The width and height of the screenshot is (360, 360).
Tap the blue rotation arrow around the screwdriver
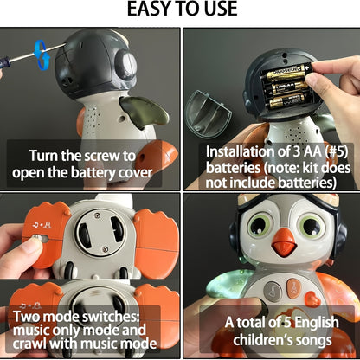40,52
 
